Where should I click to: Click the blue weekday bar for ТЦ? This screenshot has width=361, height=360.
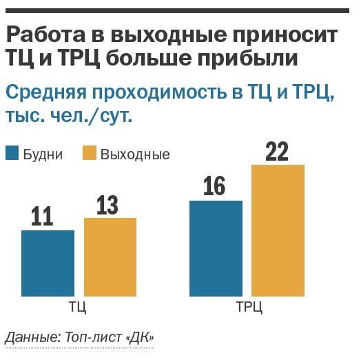(x=48, y=263)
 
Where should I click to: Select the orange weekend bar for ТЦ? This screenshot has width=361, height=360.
(x=110, y=257)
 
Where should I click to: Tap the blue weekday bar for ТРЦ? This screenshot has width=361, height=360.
(x=216, y=248)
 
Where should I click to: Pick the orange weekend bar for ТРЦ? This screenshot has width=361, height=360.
(x=278, y=230)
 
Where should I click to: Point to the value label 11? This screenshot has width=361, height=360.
(x=43, y=217)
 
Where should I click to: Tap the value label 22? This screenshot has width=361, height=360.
(x=276, y=151)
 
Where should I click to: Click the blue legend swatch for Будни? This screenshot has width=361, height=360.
(x=12, y=153)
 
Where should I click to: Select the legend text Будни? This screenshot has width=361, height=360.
(x=43, y=154)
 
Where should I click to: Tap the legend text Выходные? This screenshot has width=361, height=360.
(x=135, y=154)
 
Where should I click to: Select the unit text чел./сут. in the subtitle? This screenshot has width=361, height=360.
(x=96, y=117)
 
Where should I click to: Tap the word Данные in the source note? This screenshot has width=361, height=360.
(x=25, y=338)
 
